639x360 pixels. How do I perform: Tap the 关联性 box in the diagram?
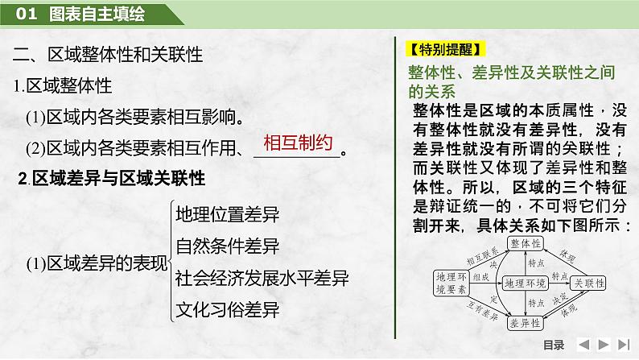tap(589, 283)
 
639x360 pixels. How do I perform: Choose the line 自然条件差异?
tap(227, 246)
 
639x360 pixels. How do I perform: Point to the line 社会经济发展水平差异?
tap(262, 278)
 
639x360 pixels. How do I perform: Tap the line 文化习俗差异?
tap(227, 309)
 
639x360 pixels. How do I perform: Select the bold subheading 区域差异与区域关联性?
tap(112, 178)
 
